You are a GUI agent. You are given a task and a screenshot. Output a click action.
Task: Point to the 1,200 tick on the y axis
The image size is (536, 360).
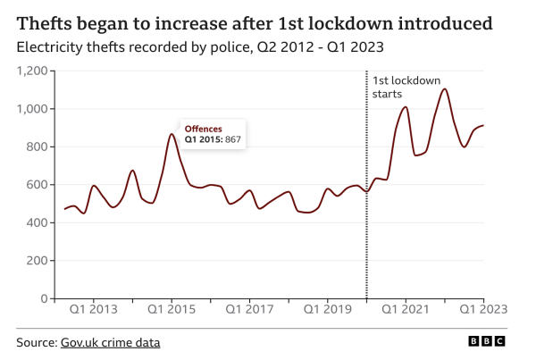click(x=34, y=71)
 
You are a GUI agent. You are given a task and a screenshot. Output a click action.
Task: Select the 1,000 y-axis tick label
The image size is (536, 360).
click(x=34, y=109)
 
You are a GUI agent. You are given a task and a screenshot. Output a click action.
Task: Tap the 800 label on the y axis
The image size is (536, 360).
click(x=39, y=147)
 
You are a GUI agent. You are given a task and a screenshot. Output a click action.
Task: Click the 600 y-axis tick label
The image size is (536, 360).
click(x=39, y=185)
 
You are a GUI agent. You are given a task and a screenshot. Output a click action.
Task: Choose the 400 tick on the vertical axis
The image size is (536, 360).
click(x=39, y=222)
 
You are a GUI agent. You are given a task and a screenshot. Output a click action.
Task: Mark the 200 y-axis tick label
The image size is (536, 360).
click(x=39, y=260)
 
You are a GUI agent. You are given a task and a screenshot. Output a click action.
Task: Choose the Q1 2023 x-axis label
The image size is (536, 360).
click(x=483, y=310)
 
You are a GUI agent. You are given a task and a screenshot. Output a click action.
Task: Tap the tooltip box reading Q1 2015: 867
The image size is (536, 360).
click(x=214, y=134)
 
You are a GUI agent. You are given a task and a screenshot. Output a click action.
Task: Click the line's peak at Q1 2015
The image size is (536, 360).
click(x=172, y=135)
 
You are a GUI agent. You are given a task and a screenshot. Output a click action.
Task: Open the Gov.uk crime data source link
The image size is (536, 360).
click(x=110, y=342)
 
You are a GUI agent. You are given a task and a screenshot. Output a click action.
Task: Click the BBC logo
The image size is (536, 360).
click(x=487, y=342)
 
